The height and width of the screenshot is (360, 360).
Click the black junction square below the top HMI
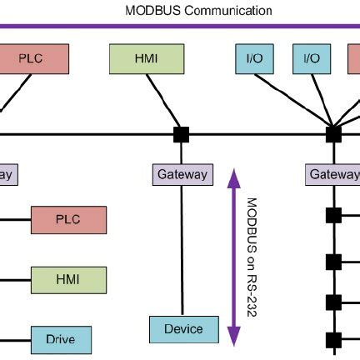[x=179, y=133]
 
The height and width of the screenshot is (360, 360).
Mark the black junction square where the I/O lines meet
[x=333, y=133]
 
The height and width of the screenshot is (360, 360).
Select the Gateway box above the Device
[x=180, y=175]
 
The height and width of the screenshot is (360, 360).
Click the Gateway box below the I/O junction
[x=333, y=175]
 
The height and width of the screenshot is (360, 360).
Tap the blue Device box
[x=183, y=328]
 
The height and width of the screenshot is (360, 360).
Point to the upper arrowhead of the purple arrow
[x=234, y=173]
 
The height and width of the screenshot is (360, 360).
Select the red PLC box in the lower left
[x=68, y=220]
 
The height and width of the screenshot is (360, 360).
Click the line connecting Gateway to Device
[x=180, y=250]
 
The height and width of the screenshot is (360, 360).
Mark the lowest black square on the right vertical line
[x=333, y=340]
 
